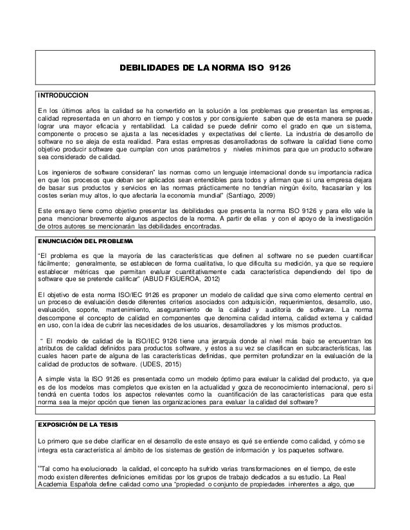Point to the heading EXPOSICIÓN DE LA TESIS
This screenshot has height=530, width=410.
click(78, 426)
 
